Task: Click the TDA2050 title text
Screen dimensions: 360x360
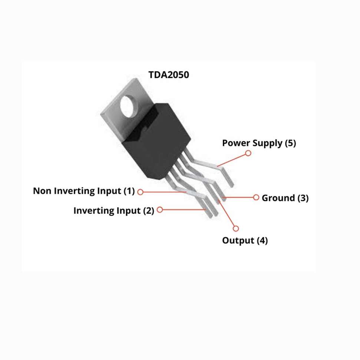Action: click(x=169, y=75)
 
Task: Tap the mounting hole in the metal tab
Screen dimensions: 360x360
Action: click(x=131, y=105)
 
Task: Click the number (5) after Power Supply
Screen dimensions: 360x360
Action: click(x=290, y=143)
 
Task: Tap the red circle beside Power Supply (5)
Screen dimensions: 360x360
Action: click(x=248, y=153)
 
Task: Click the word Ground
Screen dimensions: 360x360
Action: click(x=278, y=198)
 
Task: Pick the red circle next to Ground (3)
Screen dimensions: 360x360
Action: click(x=256, y=197)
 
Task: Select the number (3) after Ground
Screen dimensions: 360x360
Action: click(x=303, y=198)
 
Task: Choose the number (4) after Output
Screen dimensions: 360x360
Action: click(x=262, y=241)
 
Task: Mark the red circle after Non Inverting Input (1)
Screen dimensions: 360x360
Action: click(x=140, y=192)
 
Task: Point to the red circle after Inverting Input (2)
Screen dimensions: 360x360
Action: click(x=160, y=209)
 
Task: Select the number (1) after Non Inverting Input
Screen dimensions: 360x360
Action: click(x=128, y=191)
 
